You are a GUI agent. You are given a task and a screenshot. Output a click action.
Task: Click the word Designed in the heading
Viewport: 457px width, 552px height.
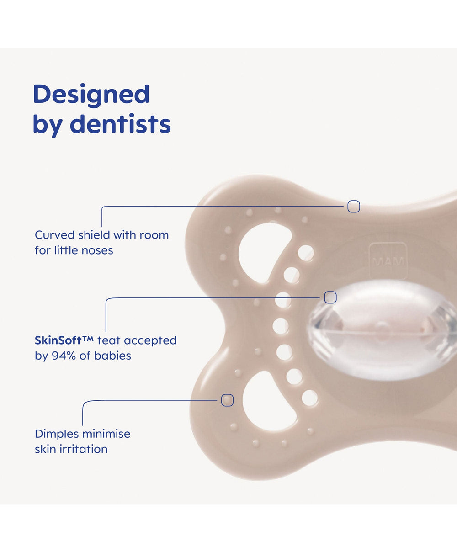[91, 95]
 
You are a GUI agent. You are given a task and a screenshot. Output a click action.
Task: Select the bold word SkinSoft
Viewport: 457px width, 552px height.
[58, 340]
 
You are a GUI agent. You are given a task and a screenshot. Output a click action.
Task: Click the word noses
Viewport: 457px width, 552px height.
[97, 250]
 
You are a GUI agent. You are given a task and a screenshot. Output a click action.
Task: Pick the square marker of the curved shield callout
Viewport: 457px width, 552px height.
[354, 207]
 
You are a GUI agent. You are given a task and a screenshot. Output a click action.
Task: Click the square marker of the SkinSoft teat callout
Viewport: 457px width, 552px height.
[330, 297]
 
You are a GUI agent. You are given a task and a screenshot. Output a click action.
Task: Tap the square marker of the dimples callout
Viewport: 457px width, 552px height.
[227, 400]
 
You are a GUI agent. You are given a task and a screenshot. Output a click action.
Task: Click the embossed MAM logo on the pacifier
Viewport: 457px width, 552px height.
[388, 261]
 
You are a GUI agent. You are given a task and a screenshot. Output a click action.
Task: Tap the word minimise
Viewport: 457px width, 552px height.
[106, 434]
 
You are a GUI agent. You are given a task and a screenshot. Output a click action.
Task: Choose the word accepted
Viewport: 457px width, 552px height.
[150, 340]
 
